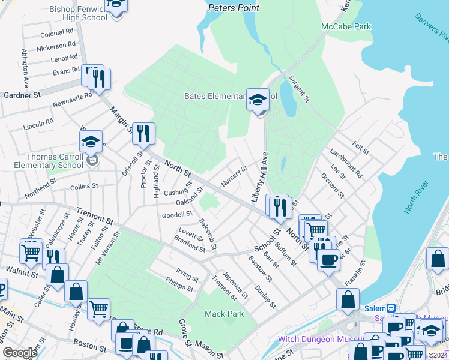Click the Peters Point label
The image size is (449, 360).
[234, 8]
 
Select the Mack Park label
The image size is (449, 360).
[224, 314]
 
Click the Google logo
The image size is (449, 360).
[19, 353]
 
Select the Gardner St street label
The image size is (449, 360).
[22, 95]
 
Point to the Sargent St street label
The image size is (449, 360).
[298, 88]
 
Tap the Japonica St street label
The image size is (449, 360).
[235, 285]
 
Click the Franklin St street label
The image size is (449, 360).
[355, 273]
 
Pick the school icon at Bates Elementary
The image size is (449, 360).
[258, 99]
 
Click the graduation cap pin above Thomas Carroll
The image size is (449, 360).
[91, 142]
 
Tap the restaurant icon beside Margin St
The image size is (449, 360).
[143, 133]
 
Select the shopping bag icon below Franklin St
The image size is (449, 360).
[348, 299]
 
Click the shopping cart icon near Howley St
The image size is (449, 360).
[98, 309]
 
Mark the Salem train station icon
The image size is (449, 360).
[391, 308]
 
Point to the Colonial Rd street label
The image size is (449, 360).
[56, 34]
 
